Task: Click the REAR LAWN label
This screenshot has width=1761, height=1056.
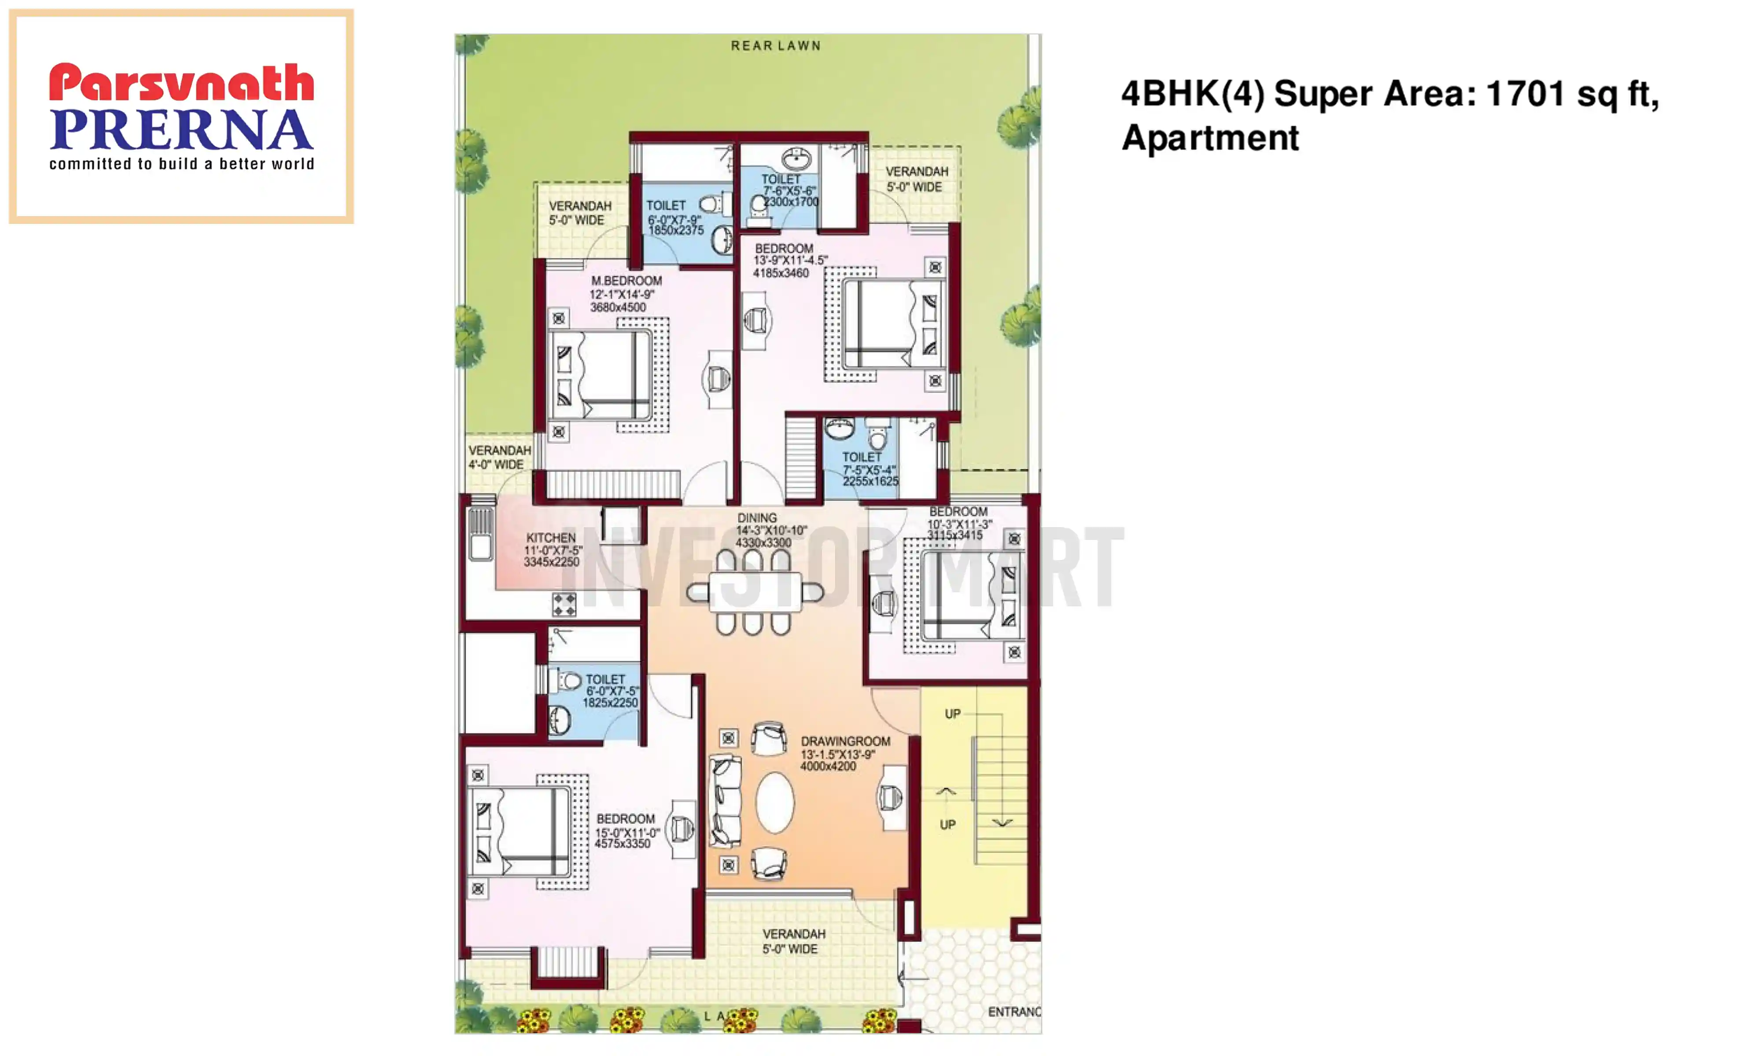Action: pos(775,46)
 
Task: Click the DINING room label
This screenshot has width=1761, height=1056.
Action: pos(757,518)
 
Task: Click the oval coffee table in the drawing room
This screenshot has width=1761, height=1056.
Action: pos(774,802)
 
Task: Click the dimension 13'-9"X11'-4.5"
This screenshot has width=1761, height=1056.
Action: pos(790,260)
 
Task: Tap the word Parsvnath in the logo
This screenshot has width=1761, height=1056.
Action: pos(181,83)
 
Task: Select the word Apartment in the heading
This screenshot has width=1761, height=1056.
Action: pos(1210,138)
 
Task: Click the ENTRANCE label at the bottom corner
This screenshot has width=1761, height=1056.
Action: pos(1013,1012)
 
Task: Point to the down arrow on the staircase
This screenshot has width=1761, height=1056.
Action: pos(1002,823)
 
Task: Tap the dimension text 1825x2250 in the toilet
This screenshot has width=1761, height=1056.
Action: pos(610,703)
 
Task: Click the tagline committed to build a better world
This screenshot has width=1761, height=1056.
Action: pos(181,165)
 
